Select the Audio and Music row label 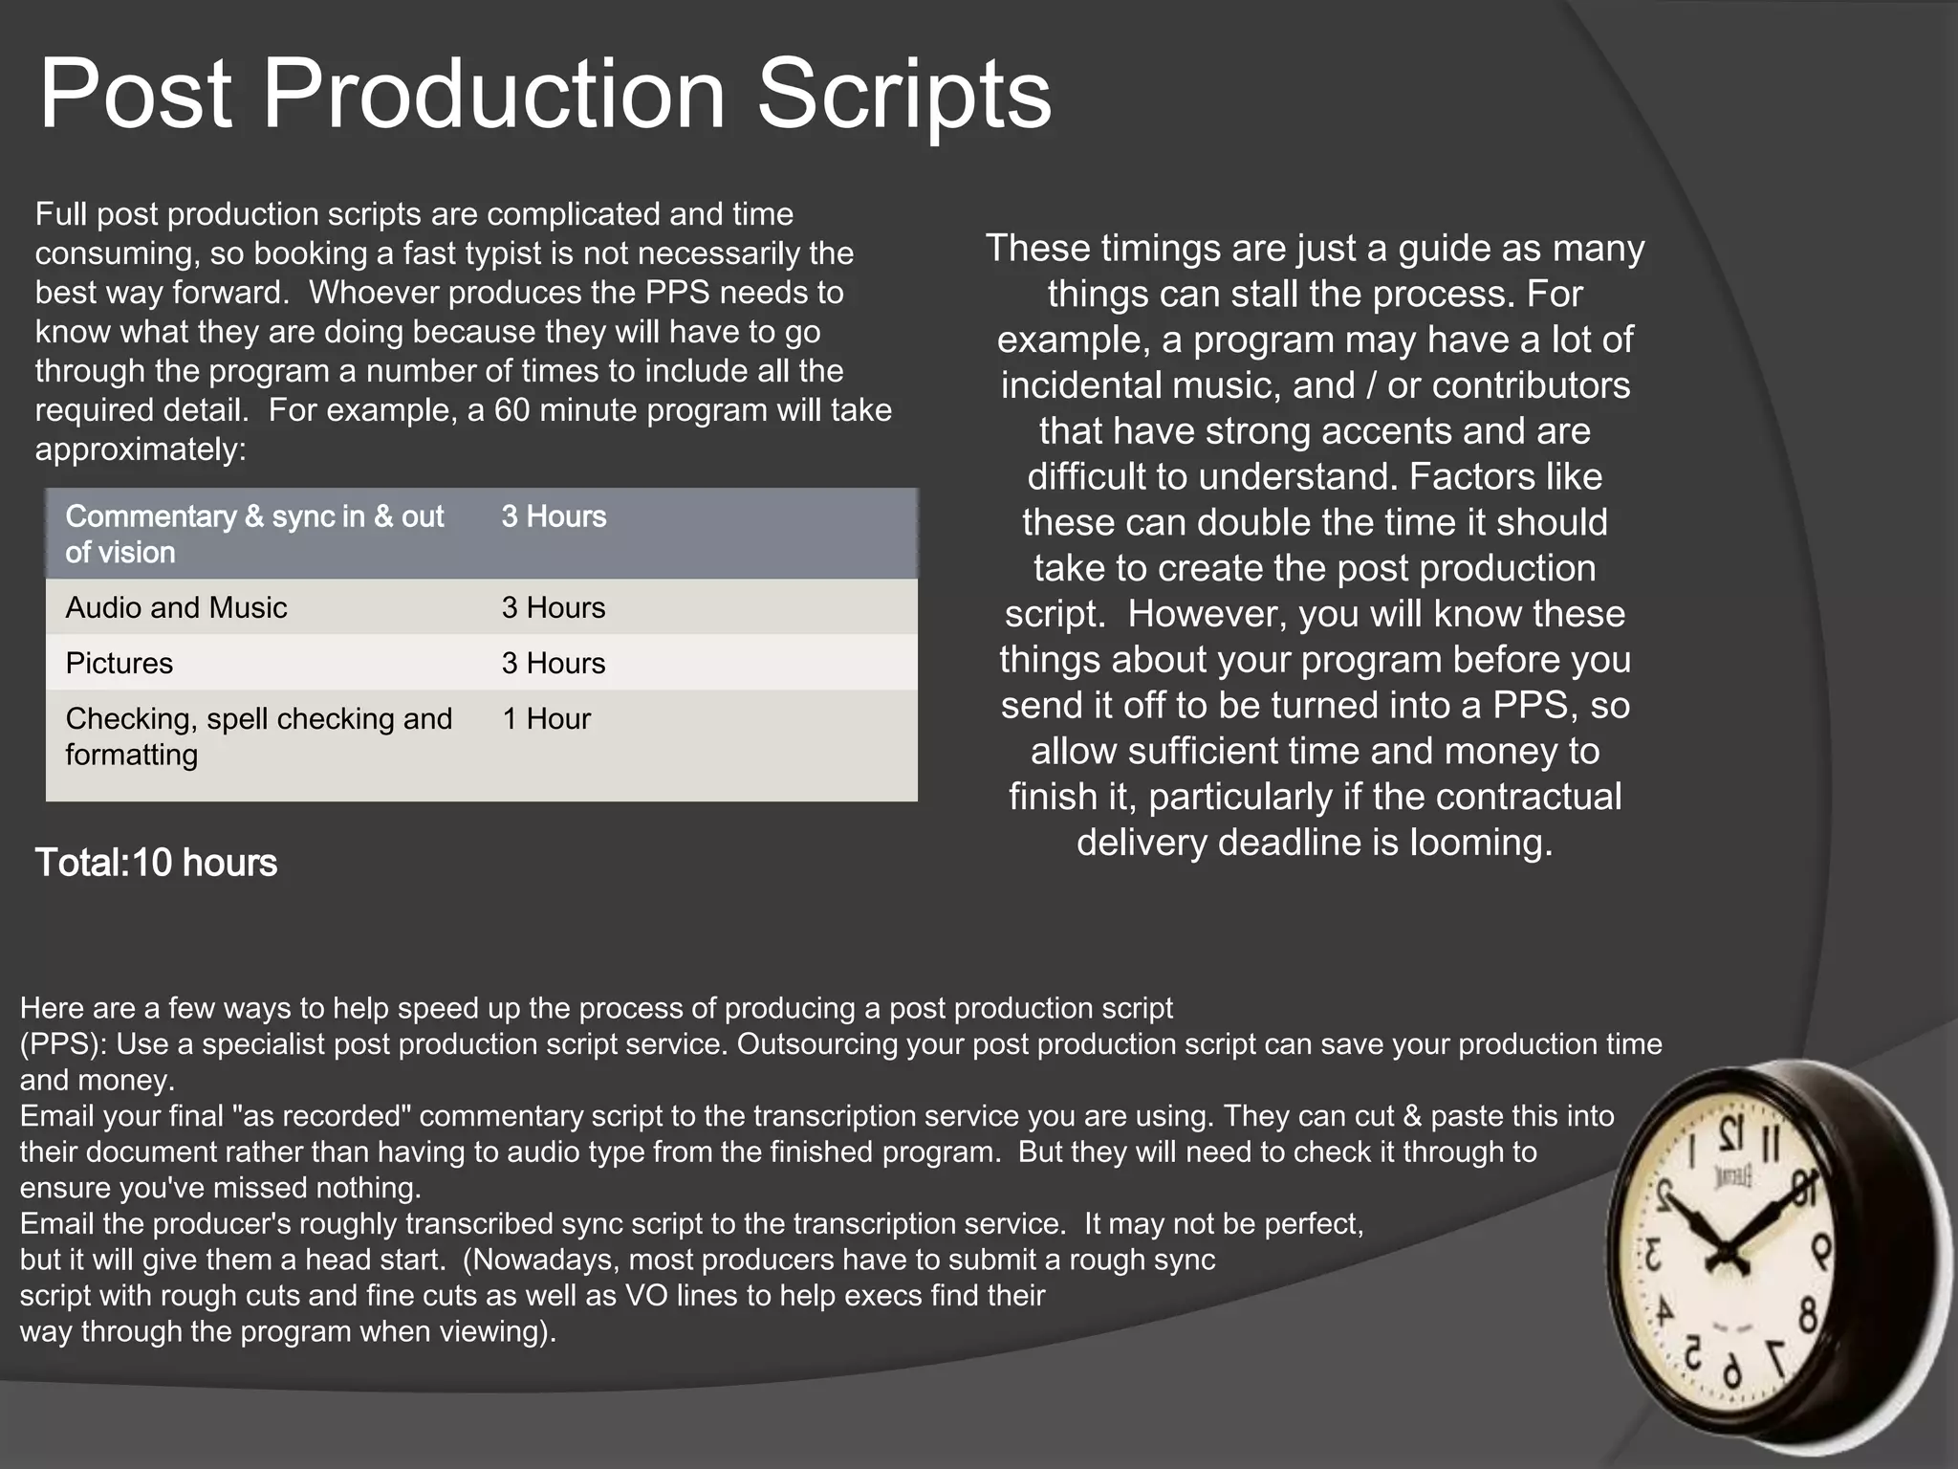tap(176, 607)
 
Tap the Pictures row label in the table tap(120, 663)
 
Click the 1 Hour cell tap(546, 718)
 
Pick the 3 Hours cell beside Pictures tap(554, 663)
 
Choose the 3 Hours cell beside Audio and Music tap(554, 607)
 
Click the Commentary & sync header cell tap(254, 534)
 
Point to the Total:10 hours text tap(156, 863)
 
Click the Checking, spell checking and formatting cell tap(258, 735)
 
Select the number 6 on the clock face tap(1731, 1373)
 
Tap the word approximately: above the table tap(141, 449)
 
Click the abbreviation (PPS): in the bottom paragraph tap(64, 1043)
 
